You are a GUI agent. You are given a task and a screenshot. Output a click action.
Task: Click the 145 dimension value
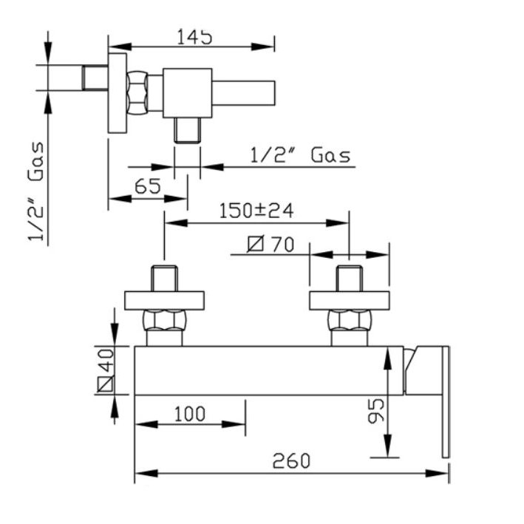point(194,37)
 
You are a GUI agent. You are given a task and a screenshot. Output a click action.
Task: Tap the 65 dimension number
point(148,186)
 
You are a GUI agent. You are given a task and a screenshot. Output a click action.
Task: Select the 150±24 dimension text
point(256,211)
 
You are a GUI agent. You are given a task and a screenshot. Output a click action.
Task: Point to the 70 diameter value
point(282,245)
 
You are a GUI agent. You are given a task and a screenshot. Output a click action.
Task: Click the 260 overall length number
point(291,461)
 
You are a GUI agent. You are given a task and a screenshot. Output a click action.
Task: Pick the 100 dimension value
point(190,414)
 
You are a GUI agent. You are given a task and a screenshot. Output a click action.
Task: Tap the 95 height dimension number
point(376,411)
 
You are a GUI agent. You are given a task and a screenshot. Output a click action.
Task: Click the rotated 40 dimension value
point(107,361)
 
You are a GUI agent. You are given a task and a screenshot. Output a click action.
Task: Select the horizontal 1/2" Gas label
point(300,155)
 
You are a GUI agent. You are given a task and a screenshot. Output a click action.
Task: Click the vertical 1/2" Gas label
point(36,191)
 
